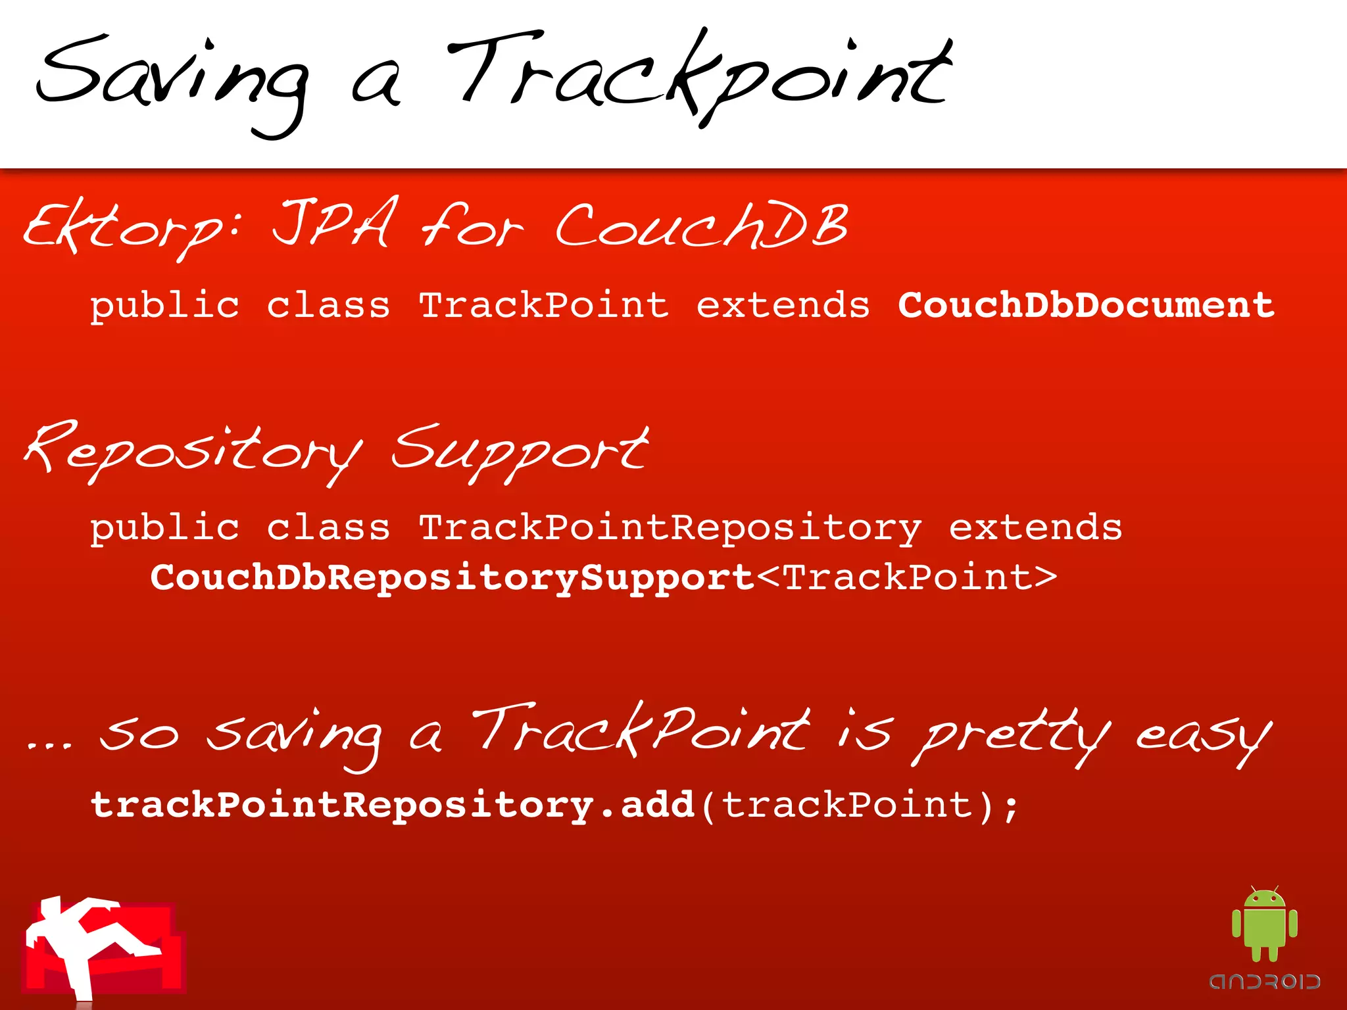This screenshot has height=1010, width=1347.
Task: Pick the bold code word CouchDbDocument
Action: [x=1086, y=306]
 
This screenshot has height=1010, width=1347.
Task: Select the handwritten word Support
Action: [x=520, y=450]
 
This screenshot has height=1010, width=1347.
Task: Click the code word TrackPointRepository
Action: [x=670, y=528]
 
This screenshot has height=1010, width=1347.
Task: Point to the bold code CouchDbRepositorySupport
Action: [x=453, y=577]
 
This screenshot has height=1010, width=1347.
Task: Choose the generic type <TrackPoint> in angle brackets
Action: [x=907, y=577]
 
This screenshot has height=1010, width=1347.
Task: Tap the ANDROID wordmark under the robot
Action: [x=1264, y=982]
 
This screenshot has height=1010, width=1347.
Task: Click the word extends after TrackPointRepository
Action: [x=1035, y=528]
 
